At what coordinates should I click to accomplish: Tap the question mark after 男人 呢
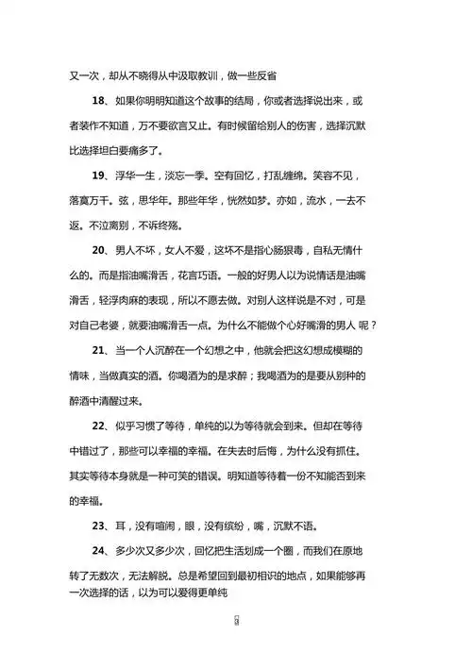375,326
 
